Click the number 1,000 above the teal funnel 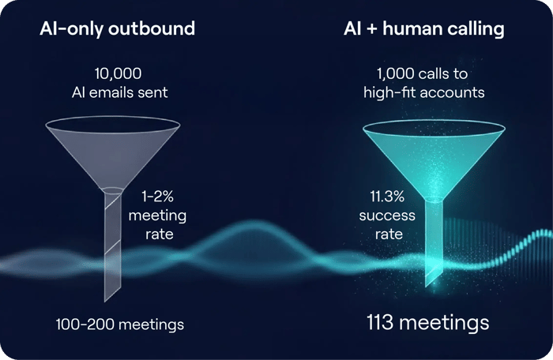click(x=393, y=74)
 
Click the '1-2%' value click(x=158, y=196)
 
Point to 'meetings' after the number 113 click(x=450, y=323)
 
